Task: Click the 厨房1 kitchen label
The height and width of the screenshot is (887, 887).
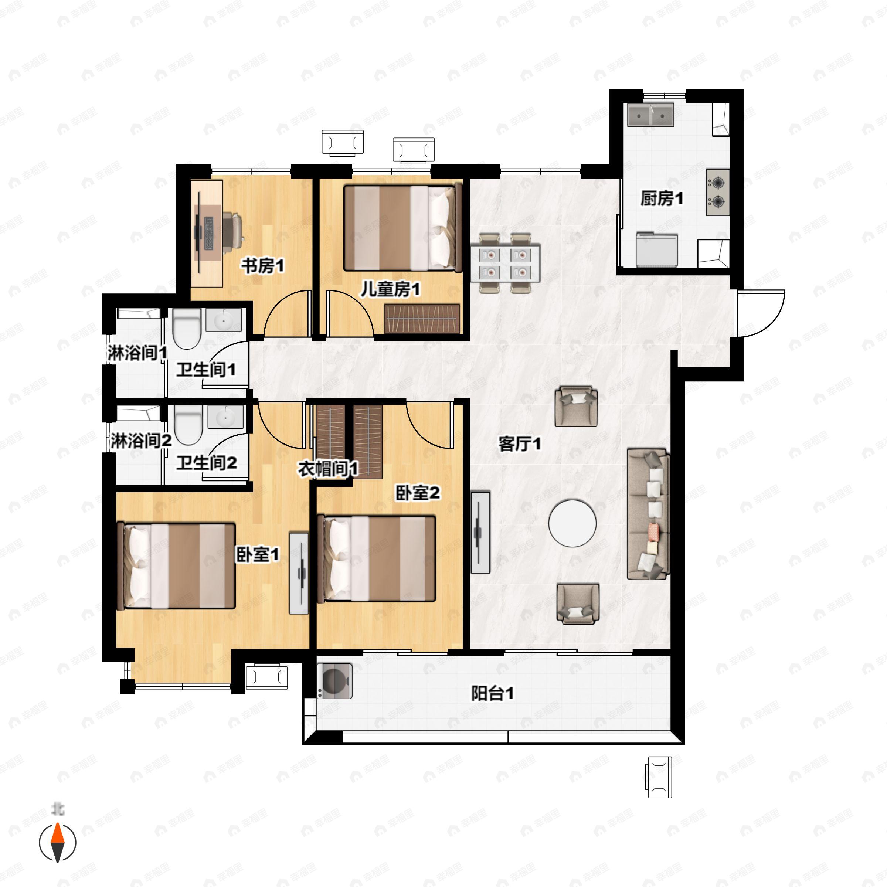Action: point(662,198)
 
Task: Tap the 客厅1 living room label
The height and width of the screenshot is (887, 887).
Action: point(520,444)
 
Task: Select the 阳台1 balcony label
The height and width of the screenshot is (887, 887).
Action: point(493,693)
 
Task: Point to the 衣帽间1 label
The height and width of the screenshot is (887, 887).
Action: point(328,469)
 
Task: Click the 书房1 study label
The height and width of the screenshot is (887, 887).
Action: point(263,265)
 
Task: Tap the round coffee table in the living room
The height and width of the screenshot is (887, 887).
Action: point(572,523)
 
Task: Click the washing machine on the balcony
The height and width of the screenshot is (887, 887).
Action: point(335,681)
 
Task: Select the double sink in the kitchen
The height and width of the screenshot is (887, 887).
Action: point(650,115)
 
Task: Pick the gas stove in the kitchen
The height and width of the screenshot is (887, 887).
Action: point(718,192)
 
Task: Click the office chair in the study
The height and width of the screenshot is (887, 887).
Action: point(234,228)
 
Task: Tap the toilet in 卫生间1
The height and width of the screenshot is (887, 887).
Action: point(187,328)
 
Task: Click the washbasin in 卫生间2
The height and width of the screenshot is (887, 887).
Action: point(225,417)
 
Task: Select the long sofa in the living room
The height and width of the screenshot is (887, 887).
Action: point(648,514)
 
